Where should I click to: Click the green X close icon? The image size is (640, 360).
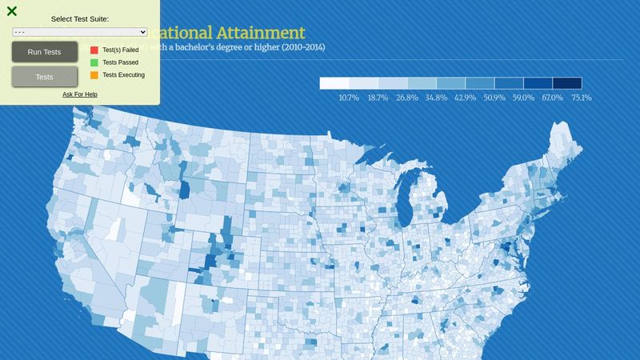pyautogui.click(x=12, y=11)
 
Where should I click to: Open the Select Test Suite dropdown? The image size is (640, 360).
pyautogui.click(x=80, y=32)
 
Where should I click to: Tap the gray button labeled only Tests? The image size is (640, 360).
pyautogui.click(x=45, y=77)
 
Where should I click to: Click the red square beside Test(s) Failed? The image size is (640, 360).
pyautogui.click(x=94, y=50)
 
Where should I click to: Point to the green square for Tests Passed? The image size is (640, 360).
pyautogui.click(x=94, y=62)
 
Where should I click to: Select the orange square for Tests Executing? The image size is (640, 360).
pyautogui.click(x=94, y=75)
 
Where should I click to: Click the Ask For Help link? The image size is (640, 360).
pyautogui.click(x=80, y=94)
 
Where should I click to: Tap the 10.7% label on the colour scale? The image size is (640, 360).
pyautogui.click(x=349, y=98)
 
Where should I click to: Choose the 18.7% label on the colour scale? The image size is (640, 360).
pyautogui.click(x=378, y=98)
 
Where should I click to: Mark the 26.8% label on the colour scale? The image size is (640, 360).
pyautogui.click(x=407, y=98)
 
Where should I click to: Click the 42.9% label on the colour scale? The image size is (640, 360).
pyautogui.click(x=465, y=98)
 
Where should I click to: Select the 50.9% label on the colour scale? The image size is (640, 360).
pyautogui.click(x=494, y=98)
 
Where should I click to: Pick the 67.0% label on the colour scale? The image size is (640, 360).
pyautogui.click(x=552, y=98)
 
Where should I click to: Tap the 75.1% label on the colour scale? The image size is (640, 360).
pyautogui.click(x=581, y=98)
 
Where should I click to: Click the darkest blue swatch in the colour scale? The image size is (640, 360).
pyautogui.click(x=567, y=83)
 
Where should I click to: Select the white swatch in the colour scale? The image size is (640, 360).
pyautogui.click(x=334, y=83)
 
